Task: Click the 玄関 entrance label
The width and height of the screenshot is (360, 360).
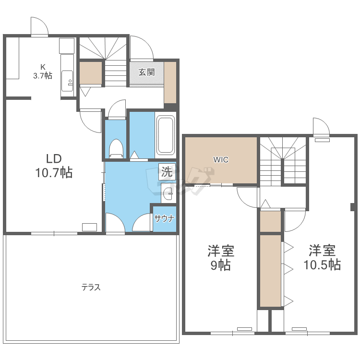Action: click(x=146, y=72)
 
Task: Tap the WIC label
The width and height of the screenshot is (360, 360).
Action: click(x=221, y=159)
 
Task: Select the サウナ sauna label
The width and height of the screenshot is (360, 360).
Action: click(x=164, y=218)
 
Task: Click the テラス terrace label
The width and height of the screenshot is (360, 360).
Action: click(x=91, y=287)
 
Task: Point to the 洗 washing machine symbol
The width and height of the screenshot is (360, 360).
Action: click(x=167, y=171)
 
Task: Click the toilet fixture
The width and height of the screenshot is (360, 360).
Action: click(x=116, y=148)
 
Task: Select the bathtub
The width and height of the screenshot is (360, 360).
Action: click(x=166, y=135)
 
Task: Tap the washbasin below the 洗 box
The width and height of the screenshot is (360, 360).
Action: click(x=168, y=193)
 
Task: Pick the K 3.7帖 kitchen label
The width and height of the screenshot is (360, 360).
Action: click(x=43, y=72)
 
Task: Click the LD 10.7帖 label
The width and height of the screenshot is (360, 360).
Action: click(x=54, y=166)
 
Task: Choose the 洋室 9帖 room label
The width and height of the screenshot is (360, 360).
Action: click(x=221, y=258)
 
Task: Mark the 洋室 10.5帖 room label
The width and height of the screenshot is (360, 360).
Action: click(x=322, y=257)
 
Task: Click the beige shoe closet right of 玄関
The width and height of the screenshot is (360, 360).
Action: click(x=170, y=83)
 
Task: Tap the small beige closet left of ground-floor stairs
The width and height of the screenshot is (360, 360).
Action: click(x=91, y=73)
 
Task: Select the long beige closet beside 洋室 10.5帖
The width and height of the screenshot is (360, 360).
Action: click(x=270, y=270)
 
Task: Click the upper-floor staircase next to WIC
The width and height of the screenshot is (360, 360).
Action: click(x=283, y=161)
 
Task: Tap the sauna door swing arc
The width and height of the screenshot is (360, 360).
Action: click(x=138, y=218)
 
